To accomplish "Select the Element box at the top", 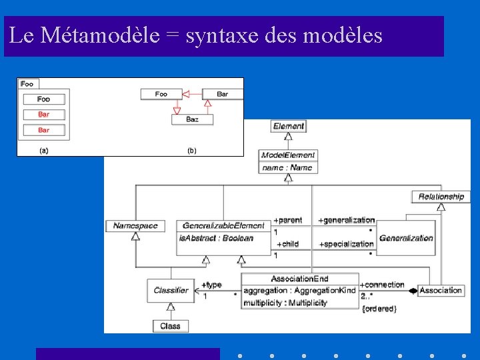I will pos(289,126).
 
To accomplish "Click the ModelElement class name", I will pos(288,155).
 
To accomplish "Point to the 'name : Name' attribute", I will pos(287,167).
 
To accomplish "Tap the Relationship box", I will pos(441,196).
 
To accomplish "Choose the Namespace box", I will pos(135,225).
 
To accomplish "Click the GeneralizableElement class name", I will pos(223,225).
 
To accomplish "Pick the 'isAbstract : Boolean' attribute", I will pos(216,238).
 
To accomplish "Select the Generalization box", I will pos(405,237).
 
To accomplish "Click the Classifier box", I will pos(171,290).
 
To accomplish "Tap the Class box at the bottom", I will pos(170,326).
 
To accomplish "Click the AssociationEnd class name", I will pos(299,279).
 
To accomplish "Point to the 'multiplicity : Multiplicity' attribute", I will pos(285,303).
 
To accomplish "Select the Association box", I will pos(441,290).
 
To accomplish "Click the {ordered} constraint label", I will pos(379,309).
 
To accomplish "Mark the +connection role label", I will pos(382,285).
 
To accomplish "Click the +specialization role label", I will pos(346,244).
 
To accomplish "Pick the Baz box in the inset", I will pos(192,119).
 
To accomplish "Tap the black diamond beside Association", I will pos(413,291).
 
